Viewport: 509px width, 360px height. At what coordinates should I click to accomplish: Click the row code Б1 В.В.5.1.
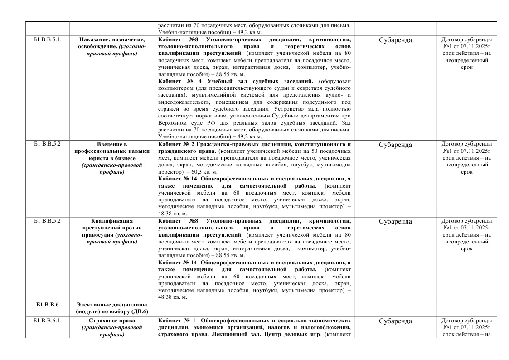point(47,39)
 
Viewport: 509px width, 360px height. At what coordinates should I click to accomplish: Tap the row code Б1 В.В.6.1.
point(47,321)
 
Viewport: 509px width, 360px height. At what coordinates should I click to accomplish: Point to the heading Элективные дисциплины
point(111,304)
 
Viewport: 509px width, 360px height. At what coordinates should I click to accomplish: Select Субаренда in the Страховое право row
point(395,321)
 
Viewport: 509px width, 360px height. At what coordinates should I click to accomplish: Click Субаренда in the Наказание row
point(395,40)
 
